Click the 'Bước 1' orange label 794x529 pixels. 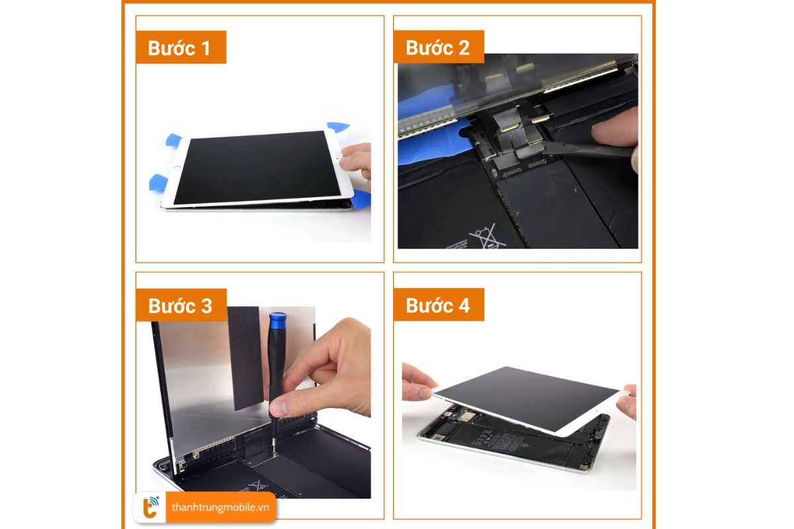pos(181,48)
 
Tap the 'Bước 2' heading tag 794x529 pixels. pos(438,48)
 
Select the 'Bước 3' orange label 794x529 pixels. pos(181,305)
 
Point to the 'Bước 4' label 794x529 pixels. pos(438,305)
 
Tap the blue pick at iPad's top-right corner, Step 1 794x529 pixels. pos(338,126)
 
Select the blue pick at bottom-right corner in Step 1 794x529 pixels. pos(361,199)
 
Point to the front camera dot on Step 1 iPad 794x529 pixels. pos(337,159)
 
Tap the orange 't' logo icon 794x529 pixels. pos(150,508)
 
